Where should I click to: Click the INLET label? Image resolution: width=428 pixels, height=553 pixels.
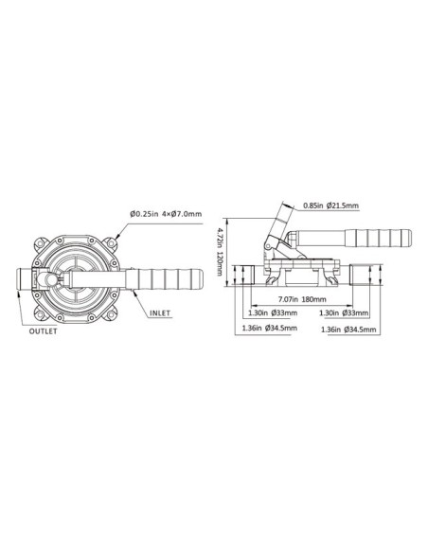[x=160, y=309]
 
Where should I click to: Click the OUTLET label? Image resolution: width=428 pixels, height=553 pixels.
[x=43, y=332]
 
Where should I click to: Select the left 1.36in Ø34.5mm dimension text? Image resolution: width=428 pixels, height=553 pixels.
[x=270, y=329]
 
